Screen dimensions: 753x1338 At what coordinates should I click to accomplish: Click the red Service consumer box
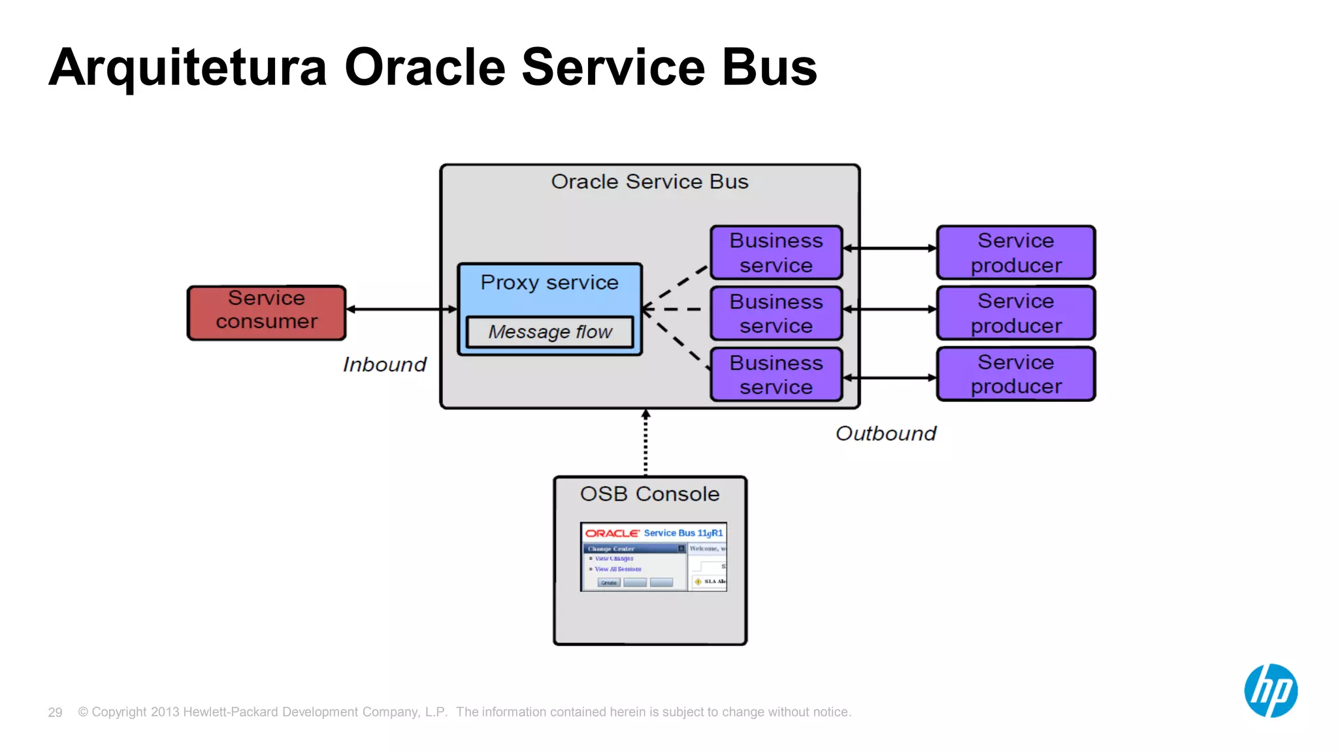tap(267, 312)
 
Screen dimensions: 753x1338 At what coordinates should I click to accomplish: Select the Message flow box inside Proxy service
tap(549, 332)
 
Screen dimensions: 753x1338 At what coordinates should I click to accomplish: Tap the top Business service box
tap(776, 253)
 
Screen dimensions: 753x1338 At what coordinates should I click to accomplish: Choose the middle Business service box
tap(776, 314)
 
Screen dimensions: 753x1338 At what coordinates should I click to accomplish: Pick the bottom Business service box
tap(776, 375)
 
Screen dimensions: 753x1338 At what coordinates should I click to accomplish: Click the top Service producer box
tap(1016, 253)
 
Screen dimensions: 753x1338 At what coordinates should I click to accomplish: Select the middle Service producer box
tap(1016, 313)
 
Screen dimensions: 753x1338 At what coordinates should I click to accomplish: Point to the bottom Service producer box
tap(1016, 374)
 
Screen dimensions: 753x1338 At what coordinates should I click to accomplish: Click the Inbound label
tap(384, 365)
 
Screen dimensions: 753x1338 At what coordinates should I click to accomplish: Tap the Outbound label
tap(885, 433)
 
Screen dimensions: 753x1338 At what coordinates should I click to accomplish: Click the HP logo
tap(1270, 691)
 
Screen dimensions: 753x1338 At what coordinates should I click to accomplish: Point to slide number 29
tap(55, 712)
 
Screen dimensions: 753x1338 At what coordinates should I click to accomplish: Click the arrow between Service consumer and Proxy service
tap(402, 309)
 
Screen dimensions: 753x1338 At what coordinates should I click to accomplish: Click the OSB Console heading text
tap(649, 494)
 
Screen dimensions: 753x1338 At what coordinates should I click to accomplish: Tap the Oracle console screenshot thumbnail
tap(653, 557)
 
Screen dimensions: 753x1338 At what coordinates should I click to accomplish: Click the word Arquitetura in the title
tap(188, 68)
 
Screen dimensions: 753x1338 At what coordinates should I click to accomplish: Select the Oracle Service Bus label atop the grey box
tap(649, 182)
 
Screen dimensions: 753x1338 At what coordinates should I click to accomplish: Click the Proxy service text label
tap(549, 282)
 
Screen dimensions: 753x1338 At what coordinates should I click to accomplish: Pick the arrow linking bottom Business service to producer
tap(890, 378)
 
